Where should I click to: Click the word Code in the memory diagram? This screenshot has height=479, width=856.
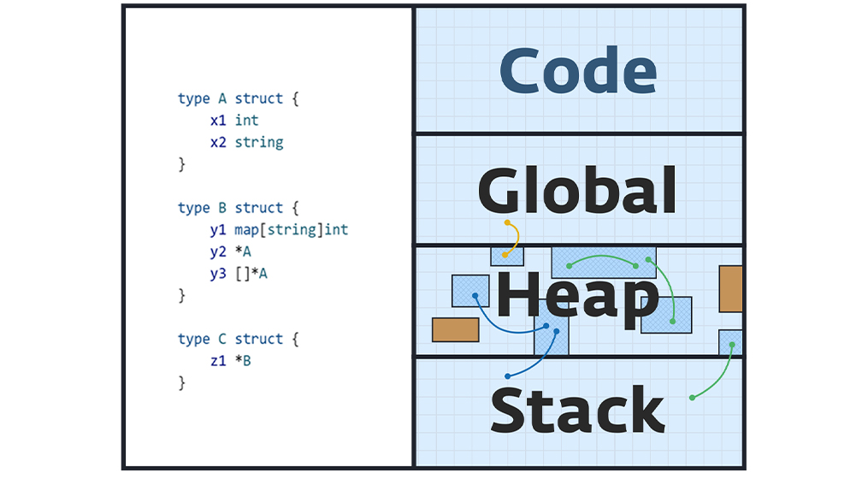click(x=578, y=70)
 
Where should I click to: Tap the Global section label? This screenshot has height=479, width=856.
click(x=578, y=190)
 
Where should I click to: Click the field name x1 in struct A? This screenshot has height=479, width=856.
click(x=218, y=121)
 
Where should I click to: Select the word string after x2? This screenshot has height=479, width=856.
click(x=259, y=142)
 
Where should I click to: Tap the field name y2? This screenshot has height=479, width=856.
click(x=218, y=251)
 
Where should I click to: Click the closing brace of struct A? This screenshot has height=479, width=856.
click(x=181, y=164)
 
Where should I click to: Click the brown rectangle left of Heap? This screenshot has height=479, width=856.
click(x=455, y=329)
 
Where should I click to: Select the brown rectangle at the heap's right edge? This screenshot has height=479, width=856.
click(x=730, y=288)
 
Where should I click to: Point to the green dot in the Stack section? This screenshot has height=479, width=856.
click(x=692, y=398)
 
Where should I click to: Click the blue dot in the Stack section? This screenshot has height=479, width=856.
click(x=509, y=376)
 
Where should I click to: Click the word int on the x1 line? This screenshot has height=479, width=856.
click(x=247, y=121)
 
